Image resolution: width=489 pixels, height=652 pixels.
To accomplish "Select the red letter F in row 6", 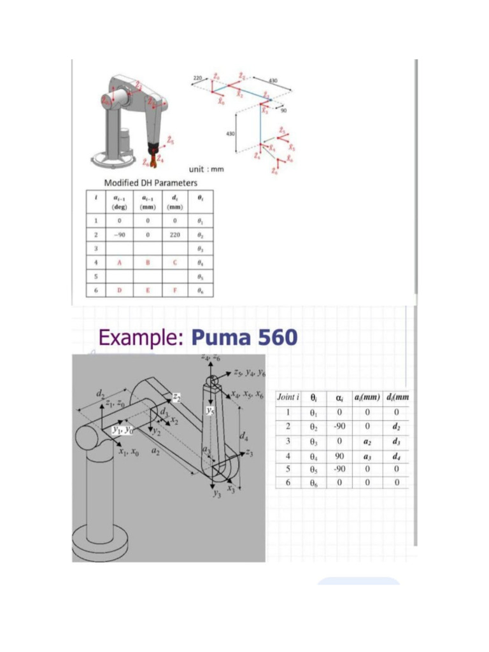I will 174,290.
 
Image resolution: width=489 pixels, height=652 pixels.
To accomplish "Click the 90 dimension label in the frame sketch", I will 283,110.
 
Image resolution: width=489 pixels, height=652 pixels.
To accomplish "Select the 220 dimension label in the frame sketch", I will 197,77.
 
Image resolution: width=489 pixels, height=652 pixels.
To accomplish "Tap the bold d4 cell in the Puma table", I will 396,456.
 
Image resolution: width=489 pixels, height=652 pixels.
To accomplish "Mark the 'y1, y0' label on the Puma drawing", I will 121,430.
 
